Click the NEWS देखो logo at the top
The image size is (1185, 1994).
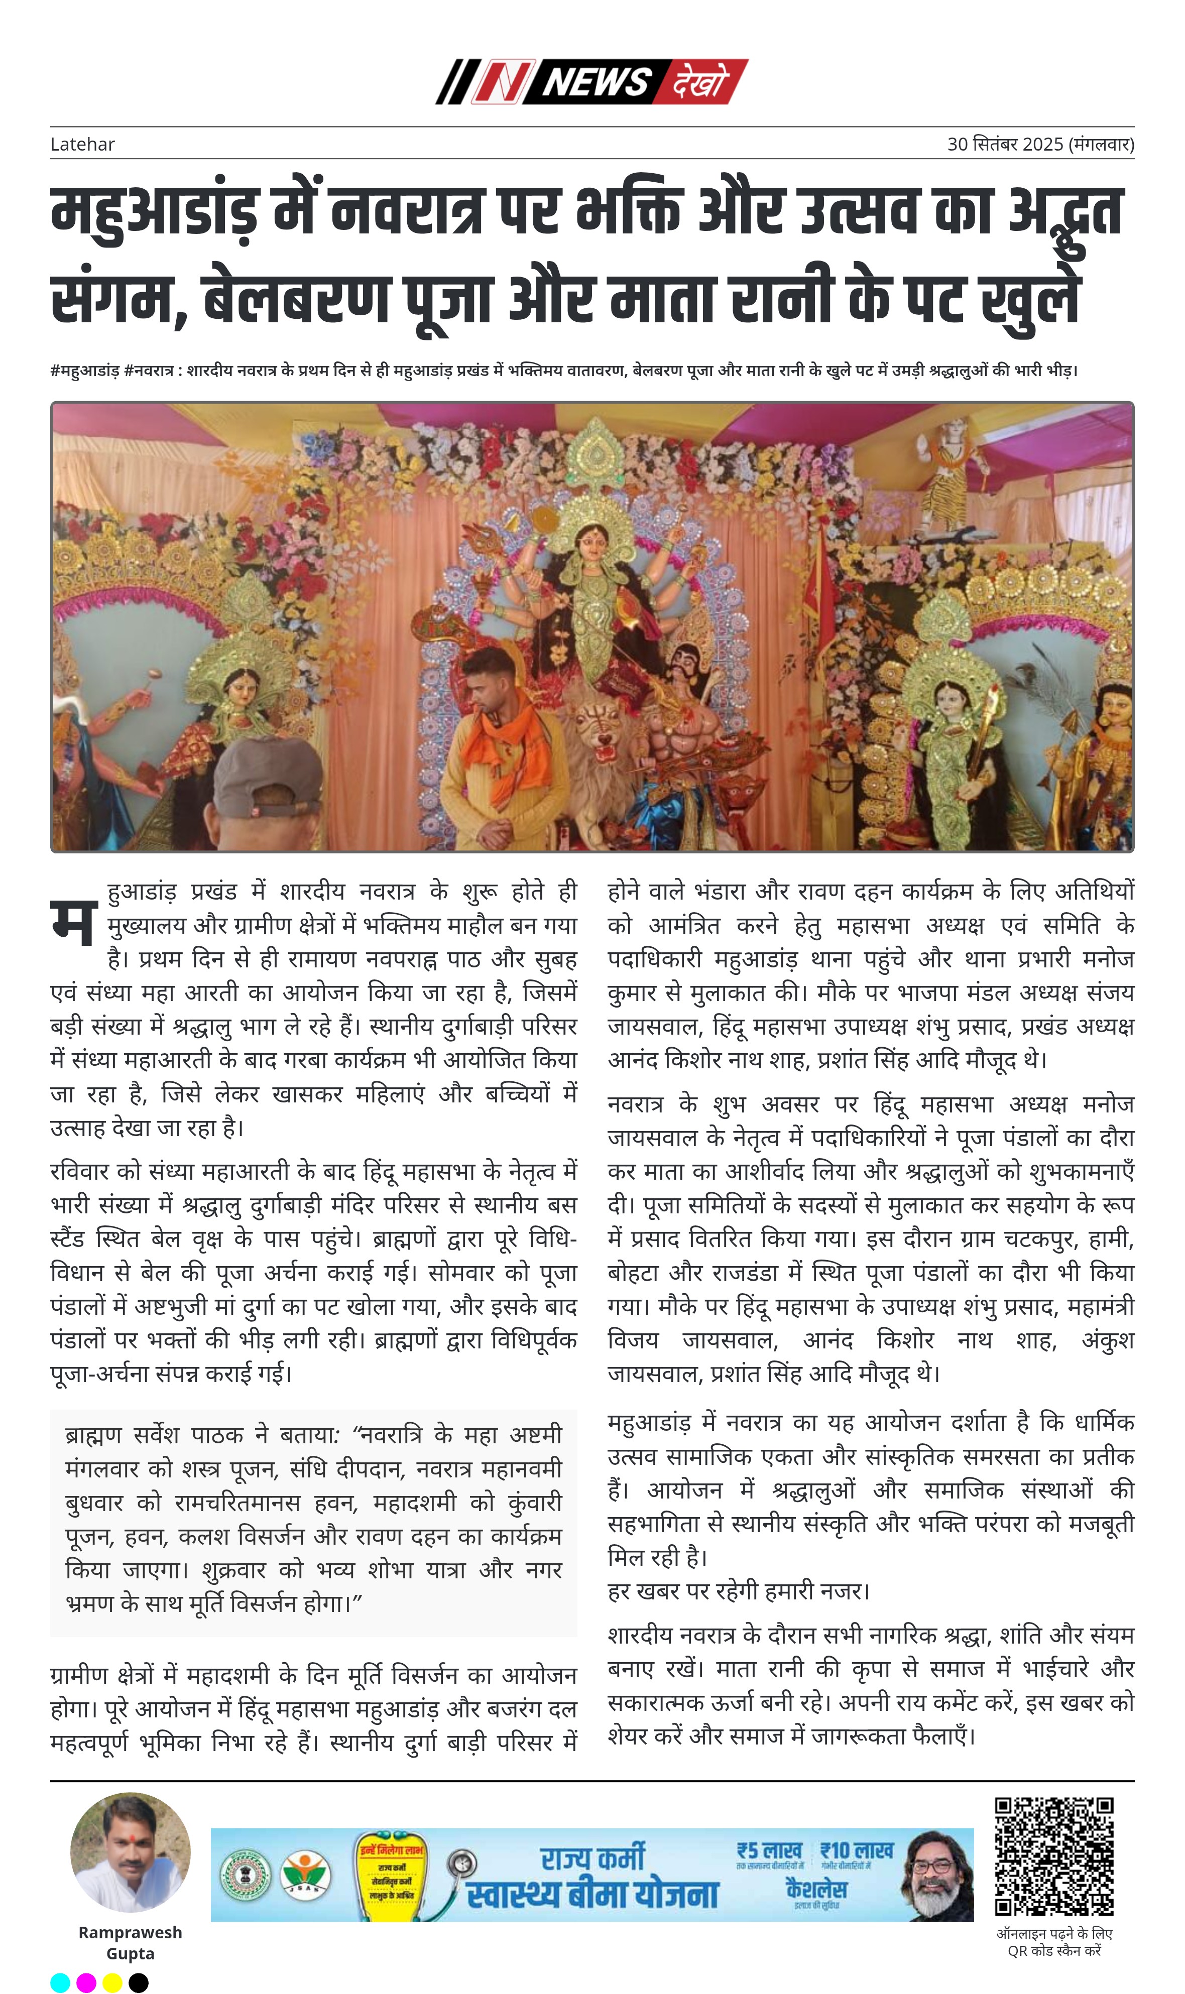coord(591,81)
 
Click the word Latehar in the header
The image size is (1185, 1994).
coord(82,145)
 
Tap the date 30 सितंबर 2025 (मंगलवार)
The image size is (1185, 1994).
coord(1040,145)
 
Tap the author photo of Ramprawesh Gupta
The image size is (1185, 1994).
coord(130,1852)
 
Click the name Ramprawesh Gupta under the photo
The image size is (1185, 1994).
coord(130,1942)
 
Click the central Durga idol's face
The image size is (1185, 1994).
coord(591,537)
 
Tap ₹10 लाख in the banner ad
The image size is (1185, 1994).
coord(857,1850)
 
